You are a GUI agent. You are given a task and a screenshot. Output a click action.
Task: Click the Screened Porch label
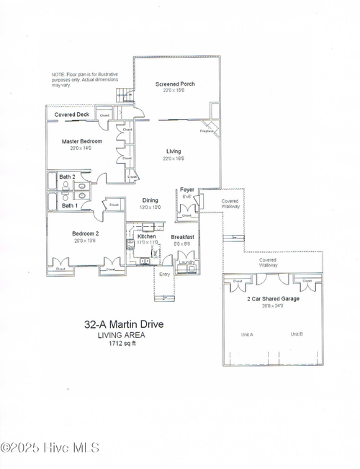tap(176, 84)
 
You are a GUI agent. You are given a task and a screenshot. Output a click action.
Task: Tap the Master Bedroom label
tap(81, 141)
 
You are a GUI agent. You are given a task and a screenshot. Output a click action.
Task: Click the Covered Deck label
tap(71, 115)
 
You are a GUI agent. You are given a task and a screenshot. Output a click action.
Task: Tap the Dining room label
tap(150, 200)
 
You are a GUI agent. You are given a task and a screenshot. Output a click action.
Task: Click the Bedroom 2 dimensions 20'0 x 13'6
tap(85, 241)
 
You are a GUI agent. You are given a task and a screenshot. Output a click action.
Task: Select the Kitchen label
tap(147, 236)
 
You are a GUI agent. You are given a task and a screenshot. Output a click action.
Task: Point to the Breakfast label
tap(184, 236)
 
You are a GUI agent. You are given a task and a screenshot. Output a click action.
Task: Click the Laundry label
tap(187, 262)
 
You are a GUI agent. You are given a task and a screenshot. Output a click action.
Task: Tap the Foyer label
tap(187, 189)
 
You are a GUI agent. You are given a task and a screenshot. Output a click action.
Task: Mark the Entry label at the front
tap(165, 274)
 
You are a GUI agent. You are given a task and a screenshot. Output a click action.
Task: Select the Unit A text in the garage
tap(246, 334)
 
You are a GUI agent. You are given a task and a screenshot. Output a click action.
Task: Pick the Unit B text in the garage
tap(297, 334)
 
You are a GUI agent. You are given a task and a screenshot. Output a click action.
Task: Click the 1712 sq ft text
tap(122, 343)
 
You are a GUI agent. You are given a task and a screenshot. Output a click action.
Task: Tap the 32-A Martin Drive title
tap(124, 325)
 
